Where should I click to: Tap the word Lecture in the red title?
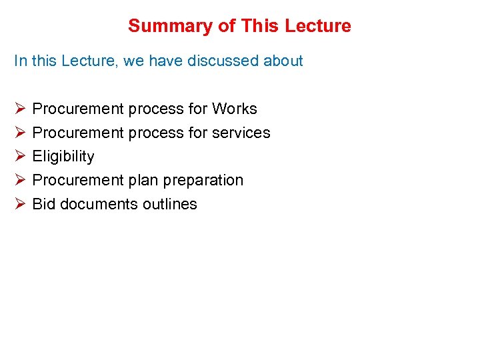(x=317, y=26)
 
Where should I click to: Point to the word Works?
(x=234, y=109)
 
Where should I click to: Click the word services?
(x=241, y=133)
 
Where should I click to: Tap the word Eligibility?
(x=63, y=157)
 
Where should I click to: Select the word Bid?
(x=44, y=204)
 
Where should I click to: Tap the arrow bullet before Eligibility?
(x=19, y=157)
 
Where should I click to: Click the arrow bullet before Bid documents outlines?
(x=19, y=204)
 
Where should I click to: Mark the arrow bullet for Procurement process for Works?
(x=19, y=109)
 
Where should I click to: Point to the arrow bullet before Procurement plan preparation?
(x=19, y=180)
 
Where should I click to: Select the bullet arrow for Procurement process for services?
(x=19, y=133)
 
